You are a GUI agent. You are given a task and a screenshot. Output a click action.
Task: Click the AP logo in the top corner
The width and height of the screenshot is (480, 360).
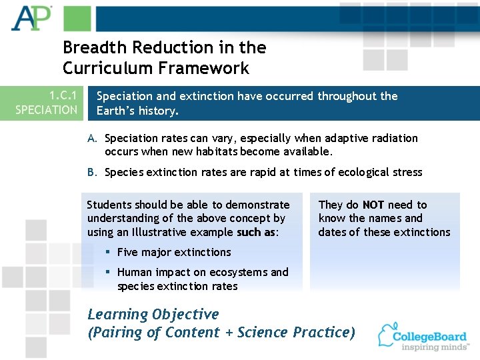31,18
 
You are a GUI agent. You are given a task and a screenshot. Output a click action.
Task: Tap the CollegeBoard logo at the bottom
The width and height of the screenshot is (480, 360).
422,337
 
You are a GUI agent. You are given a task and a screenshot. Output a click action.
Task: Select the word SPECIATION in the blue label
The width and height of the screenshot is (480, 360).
47,110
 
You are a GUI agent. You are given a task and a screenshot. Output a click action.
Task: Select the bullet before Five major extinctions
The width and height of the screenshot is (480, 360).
108,252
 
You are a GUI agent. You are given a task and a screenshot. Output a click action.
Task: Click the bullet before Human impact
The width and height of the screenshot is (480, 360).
108,272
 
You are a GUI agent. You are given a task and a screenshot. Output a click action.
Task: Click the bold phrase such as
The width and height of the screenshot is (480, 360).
256,232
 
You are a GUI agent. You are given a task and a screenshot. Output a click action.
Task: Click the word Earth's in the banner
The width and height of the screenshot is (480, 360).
116,111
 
